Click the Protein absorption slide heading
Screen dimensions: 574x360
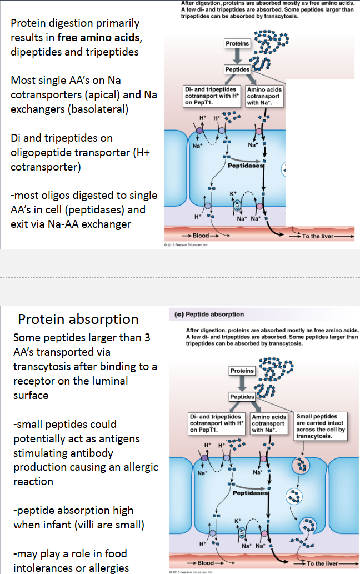(78, 320)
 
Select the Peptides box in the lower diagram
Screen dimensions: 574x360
(242, 396)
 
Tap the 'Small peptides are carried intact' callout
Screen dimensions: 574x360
(321, 426)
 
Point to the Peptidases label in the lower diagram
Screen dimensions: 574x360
(249, 493)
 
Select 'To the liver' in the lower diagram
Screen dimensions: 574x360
(322, 563)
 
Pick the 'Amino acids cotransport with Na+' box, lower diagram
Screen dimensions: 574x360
(269, 423)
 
